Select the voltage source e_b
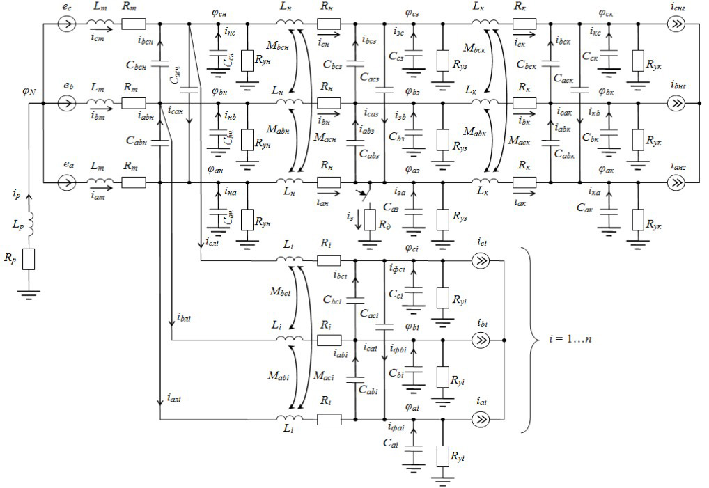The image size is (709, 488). pyautogui.click(x=68, y=104)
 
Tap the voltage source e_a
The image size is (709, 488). pyautogui.click(x=68, y=183)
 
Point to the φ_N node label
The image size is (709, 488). pyautogui.click(x=29, y=91)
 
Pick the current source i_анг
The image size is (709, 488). pyautogui.click(x=675, y=183)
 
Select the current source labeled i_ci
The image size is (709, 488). pyautogui.click(x=480, y=261)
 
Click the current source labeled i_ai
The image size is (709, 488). pyautogui.click(x=480, y=419)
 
